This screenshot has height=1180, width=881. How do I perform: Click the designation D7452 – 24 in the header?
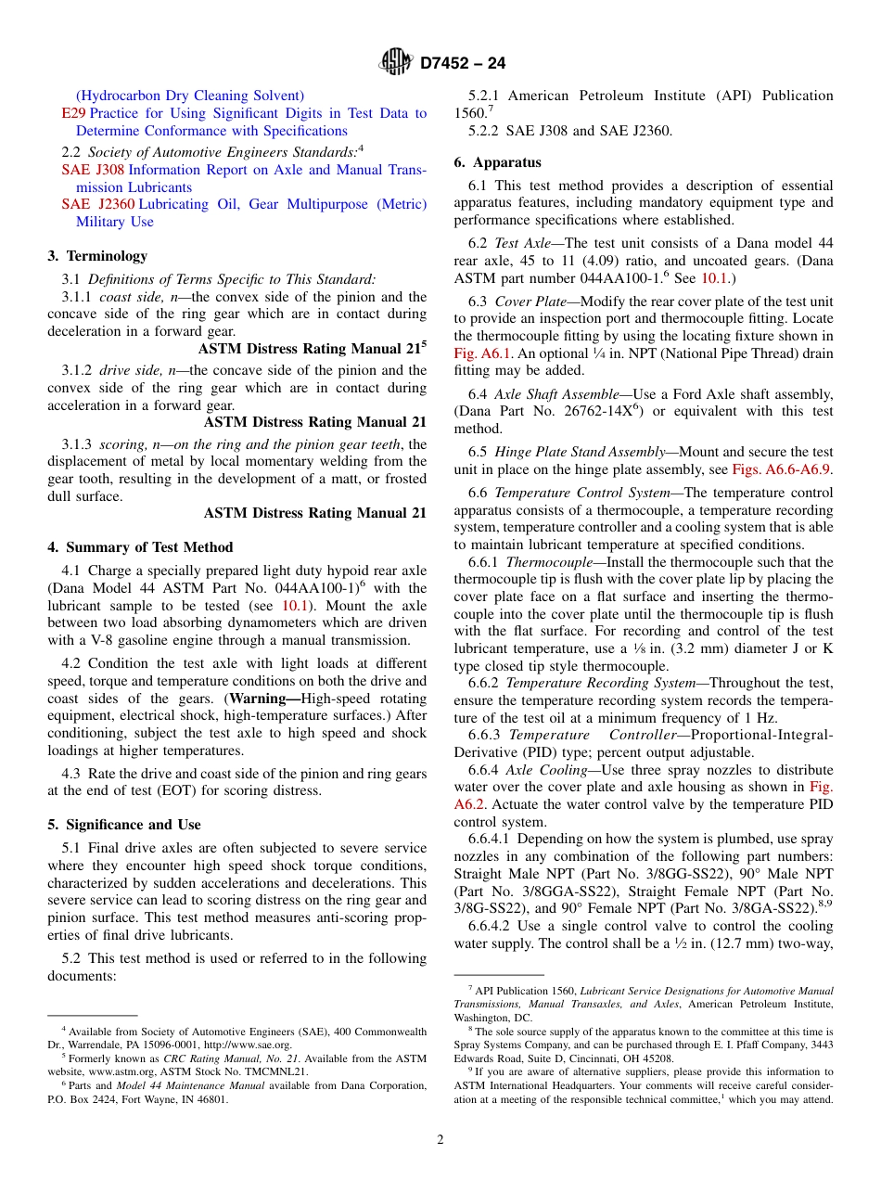coord(463,63)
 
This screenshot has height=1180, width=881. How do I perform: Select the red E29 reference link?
coord(73,113)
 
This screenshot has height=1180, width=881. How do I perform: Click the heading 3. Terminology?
coord(97,256)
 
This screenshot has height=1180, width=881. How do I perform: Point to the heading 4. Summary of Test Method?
coord(140,547)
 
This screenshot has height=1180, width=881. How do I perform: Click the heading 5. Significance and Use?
coord(123,825)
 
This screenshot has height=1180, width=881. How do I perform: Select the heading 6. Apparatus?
coord(497,162)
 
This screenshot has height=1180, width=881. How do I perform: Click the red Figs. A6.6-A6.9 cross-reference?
coord(782,469)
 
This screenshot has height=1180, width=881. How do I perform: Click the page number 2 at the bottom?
coord(440,1139)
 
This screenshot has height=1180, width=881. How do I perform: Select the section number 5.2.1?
coord(484,96)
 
